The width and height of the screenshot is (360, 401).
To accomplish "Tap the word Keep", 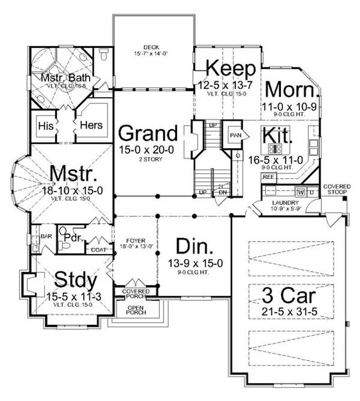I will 231,69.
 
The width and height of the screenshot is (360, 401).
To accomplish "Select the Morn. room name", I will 291,90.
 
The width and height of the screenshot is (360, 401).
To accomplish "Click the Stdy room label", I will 76,280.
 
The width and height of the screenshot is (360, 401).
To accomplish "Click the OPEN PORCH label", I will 136,310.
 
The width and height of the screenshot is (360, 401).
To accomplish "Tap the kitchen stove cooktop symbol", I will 274,149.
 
